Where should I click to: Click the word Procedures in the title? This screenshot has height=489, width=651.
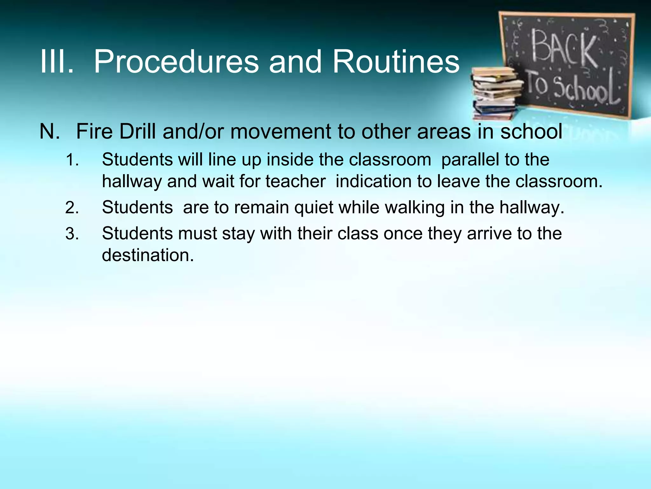tap(176, 62)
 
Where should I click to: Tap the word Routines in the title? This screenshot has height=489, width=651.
tap(396, 62)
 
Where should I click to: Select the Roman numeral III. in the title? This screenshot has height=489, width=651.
tap(57, 62)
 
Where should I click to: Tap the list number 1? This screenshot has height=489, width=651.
tap(72, 160)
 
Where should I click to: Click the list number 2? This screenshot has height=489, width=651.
tap(72, 208)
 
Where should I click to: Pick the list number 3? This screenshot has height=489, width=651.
tap(72, 234)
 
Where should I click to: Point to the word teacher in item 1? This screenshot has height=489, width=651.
tap(295, 181)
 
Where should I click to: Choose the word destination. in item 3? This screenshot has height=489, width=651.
tap(148, 255)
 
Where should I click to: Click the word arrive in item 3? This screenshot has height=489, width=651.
tap(489, 233)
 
